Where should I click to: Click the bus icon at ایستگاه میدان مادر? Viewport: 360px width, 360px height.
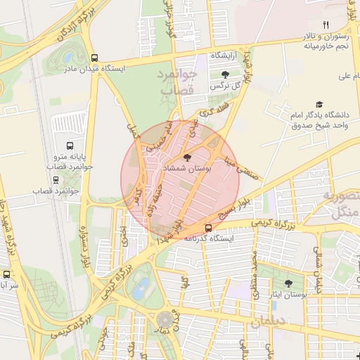[x=95, y=58]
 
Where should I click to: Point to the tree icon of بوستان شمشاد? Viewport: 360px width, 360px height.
[x=186, y=157]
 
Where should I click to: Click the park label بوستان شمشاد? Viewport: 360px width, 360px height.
[x=184, y=170]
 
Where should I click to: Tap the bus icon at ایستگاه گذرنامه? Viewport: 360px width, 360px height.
[x=208, y=227]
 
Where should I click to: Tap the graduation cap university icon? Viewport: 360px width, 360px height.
[x=319, y=103]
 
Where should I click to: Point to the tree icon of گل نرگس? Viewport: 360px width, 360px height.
[x=225, y=74]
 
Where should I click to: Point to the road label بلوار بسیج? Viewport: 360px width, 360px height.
[x=233, y=209]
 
